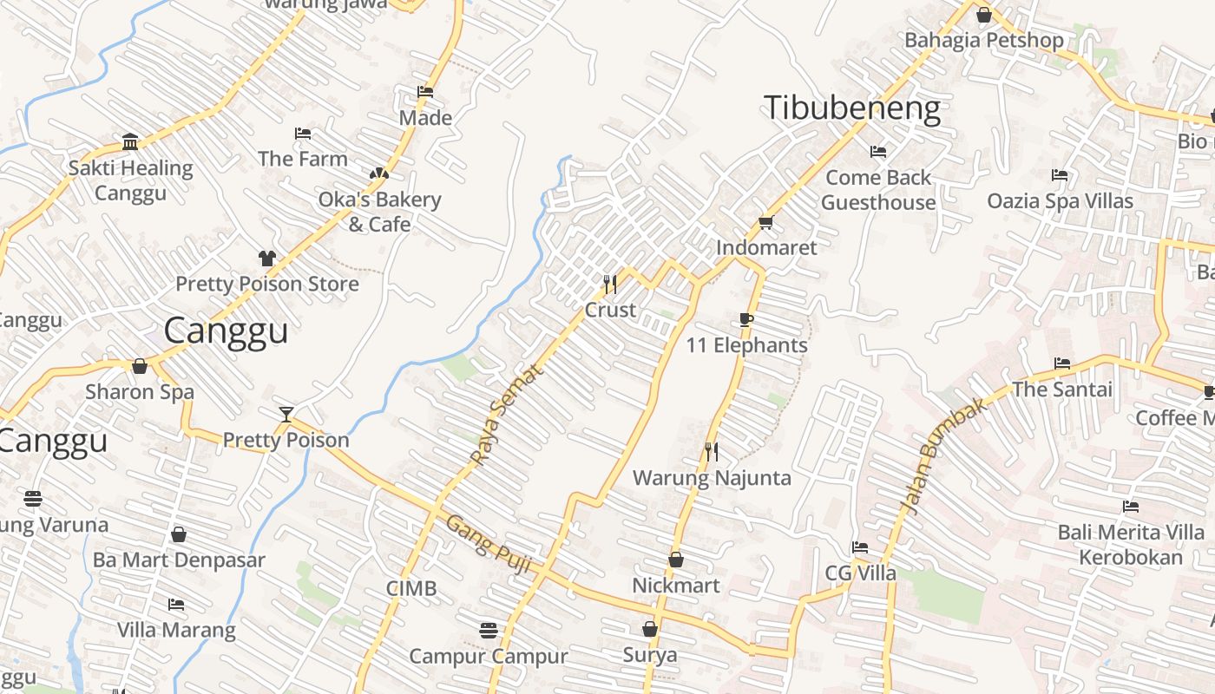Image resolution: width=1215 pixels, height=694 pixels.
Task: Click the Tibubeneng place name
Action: [852, 108]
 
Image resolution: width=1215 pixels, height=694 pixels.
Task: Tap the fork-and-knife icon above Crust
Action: [610, 284]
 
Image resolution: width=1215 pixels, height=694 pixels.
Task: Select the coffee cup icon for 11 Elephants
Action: [746, 319]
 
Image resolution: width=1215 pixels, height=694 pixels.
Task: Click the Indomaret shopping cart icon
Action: [765, 222]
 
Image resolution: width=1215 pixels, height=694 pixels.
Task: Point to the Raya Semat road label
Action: [506, 414]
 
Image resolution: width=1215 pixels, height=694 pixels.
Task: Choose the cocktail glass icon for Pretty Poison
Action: [286, 414]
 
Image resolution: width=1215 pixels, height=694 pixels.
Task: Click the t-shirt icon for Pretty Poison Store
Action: [267, 258]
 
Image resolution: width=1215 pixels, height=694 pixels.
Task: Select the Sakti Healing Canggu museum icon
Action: [130, 141]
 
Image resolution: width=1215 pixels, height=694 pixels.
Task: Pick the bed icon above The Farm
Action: [303, 134]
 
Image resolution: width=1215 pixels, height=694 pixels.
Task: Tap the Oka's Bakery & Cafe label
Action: [379, 212]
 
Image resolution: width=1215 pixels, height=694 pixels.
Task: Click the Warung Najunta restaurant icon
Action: [712, 451]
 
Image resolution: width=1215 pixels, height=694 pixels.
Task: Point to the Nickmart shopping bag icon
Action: [676, 560]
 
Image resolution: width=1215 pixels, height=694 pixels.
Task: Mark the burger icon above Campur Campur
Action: [489, 630]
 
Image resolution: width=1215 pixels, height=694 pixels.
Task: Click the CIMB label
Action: [411, 589]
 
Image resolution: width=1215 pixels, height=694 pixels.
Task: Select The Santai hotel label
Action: [1062, 390]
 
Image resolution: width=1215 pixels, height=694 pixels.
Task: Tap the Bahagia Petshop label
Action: [983, 40]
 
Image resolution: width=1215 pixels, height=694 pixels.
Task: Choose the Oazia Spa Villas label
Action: [1060, 201]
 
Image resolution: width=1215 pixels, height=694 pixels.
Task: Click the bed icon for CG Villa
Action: [860, 547]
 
